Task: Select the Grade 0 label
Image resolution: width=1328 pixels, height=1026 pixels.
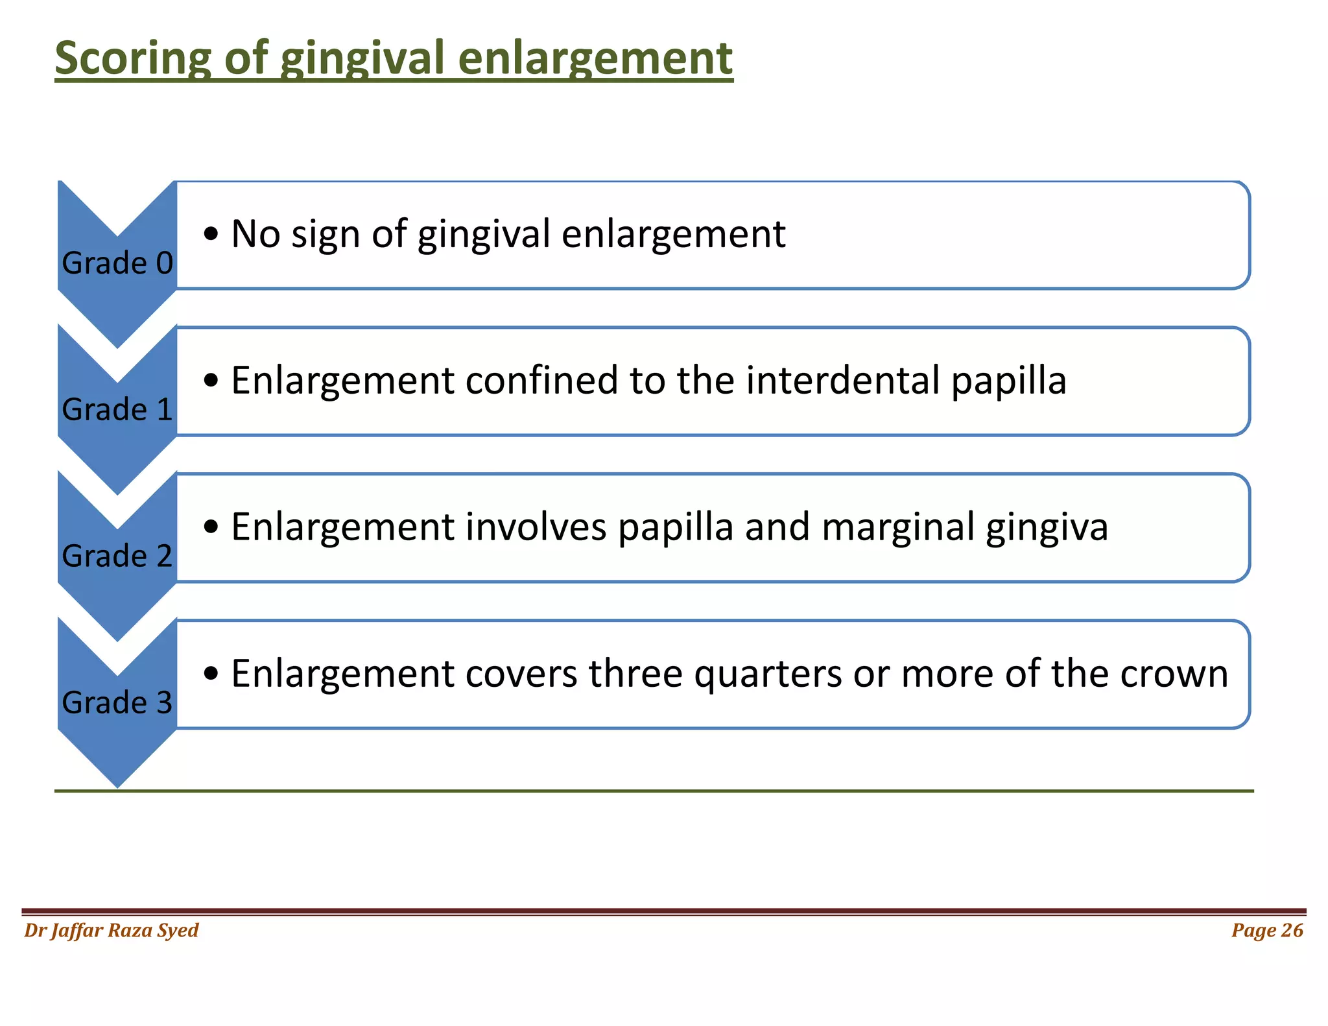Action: [117, 263]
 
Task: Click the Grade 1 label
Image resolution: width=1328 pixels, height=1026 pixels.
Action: [117, 410]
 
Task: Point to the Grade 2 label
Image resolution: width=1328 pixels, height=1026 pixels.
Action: [117, 556]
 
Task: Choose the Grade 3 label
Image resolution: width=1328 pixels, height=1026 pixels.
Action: [117, 703]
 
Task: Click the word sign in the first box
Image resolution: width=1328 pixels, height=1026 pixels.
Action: [325, 235]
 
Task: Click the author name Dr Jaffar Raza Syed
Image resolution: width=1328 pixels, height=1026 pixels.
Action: [111, 931]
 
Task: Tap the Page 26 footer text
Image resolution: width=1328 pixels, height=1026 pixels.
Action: [1266, 931]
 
